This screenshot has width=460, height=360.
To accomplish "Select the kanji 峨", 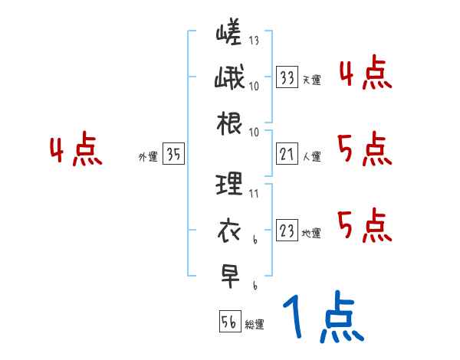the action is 229,80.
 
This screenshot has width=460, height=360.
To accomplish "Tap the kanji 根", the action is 229,123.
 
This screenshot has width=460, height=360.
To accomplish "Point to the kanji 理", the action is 229,184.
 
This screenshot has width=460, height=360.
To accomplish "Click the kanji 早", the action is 229,273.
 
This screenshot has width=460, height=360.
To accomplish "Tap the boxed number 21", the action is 287,155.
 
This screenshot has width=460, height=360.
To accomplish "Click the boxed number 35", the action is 174,155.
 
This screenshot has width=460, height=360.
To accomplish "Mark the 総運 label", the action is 255,325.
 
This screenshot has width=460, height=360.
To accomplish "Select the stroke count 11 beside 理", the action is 254,194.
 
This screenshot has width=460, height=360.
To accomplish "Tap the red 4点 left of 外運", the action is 76,151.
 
